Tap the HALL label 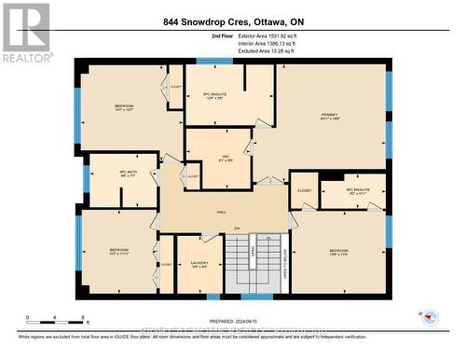pyautogui.click(x=222, y=212)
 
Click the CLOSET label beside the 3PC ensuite pyautogui.click(x=304, y=189)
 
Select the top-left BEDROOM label pyautogui.click(x=124, y=108)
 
